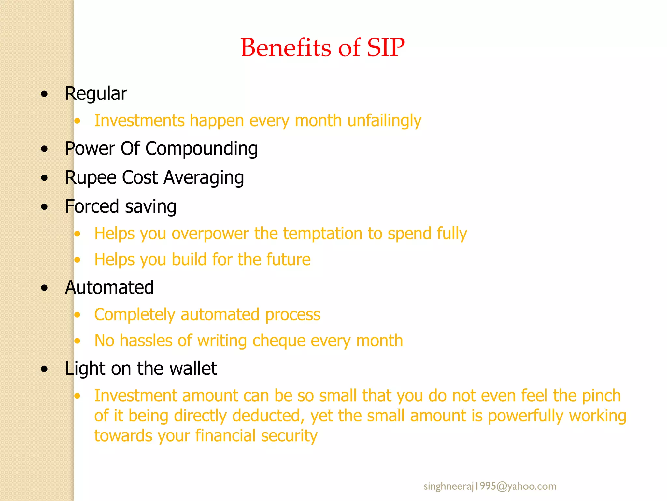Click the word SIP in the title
pos(386,48)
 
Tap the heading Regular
pos(96,94)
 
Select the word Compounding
pos(202,149)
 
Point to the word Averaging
pos(204,178)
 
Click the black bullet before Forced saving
pos(45,207)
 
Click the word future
pos(288,260)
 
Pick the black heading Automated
pos(109,288)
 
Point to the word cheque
pos(279,341)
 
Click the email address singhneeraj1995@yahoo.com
pos(490,486)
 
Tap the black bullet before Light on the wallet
pos(45,369)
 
